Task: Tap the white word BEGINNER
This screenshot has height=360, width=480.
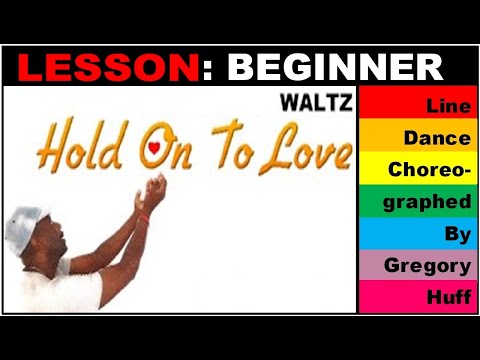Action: click(335, 67)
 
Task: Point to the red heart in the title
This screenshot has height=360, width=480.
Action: click(153, 149)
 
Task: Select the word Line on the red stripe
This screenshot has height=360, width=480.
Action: click(448, 105)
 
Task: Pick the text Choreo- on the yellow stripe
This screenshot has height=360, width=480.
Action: click(430, 169)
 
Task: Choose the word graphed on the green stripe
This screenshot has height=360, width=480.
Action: click(432, 202)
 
